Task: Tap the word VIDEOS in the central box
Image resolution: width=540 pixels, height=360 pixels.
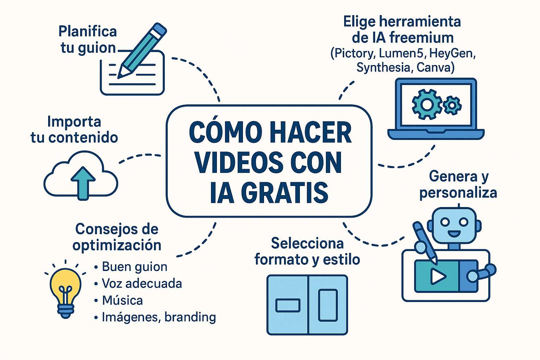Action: (238, 162)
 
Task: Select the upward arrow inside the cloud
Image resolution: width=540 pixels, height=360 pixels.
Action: (83, 183)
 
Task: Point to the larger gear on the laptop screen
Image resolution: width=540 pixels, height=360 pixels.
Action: (427, 104)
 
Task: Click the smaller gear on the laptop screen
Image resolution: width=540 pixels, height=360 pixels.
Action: (452, 105)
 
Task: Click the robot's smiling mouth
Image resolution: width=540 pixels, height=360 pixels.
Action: (454, 234)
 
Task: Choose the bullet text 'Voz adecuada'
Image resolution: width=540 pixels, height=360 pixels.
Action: (142, 284)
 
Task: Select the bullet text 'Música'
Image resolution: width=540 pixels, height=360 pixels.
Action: (122, 301)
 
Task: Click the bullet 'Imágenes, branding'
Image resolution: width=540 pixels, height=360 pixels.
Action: (159, 317)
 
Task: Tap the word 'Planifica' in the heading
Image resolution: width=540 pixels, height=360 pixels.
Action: (88, 32)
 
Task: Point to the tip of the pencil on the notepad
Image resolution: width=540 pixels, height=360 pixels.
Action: (118, 78)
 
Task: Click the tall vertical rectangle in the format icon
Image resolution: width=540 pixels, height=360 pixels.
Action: (328, 306)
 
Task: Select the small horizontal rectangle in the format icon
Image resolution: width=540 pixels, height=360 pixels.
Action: (288, 306)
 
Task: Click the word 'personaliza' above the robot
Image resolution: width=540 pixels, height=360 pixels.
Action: (458, 193)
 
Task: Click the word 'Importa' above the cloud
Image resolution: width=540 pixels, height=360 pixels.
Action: (74, 122)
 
